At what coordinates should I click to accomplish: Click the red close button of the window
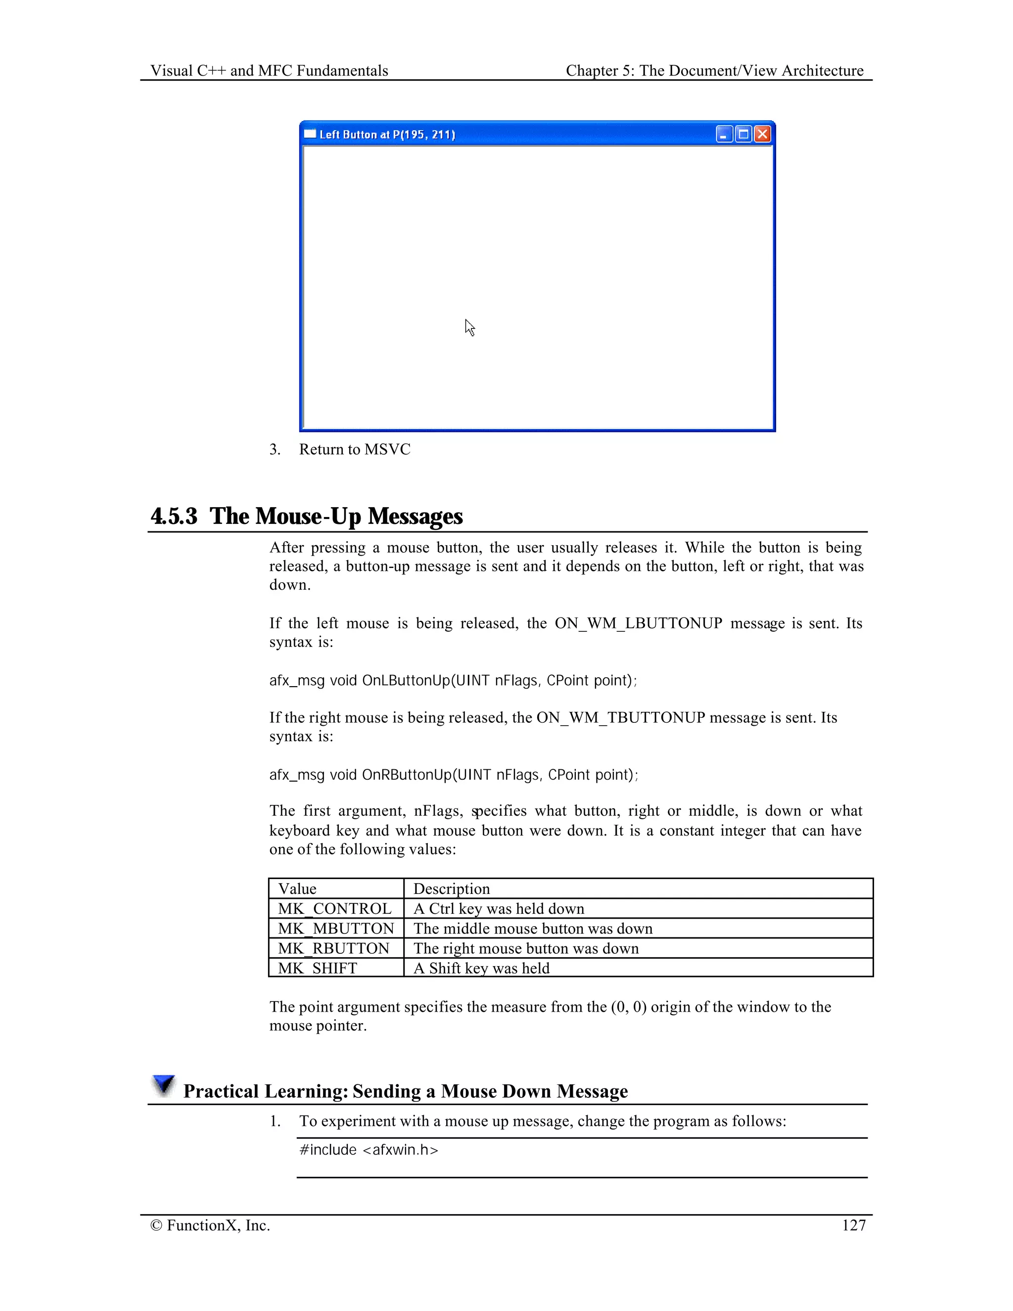762,134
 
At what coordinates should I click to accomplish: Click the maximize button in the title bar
743,134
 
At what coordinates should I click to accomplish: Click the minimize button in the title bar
724,134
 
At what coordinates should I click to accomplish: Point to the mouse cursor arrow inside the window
469,327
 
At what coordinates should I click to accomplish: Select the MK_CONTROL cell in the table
334,908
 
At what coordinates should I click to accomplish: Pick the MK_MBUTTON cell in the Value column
335,928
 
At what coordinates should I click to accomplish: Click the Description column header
451,889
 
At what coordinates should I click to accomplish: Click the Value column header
297,889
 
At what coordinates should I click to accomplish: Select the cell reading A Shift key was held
481,968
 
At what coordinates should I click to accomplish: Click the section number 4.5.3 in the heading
174,515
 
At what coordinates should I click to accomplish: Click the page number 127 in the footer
853,1225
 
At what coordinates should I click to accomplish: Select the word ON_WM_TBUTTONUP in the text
621,717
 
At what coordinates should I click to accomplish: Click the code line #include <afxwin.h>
368,1150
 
